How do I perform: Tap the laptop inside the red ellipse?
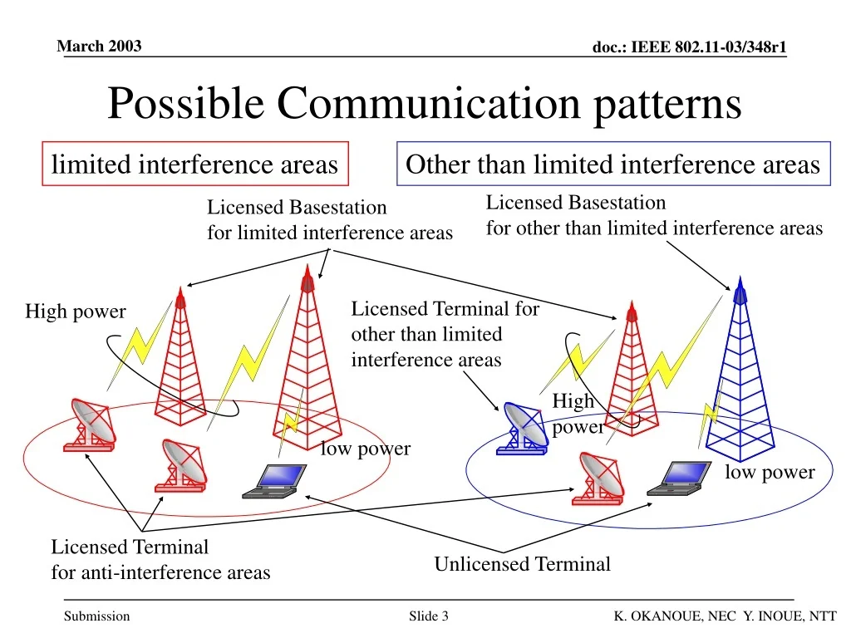276,481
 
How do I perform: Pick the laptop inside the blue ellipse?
681,478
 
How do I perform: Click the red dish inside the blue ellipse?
599,478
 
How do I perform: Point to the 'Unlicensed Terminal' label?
522,565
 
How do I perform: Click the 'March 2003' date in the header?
99,46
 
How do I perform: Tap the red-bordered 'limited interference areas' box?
194,164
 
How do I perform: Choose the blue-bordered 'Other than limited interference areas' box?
612,164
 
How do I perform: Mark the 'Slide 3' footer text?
429,616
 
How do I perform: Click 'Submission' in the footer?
97,616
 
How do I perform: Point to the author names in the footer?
725,616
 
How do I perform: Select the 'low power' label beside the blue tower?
770,473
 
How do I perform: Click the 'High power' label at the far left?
75,312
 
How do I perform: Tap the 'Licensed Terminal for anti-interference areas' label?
160,560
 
